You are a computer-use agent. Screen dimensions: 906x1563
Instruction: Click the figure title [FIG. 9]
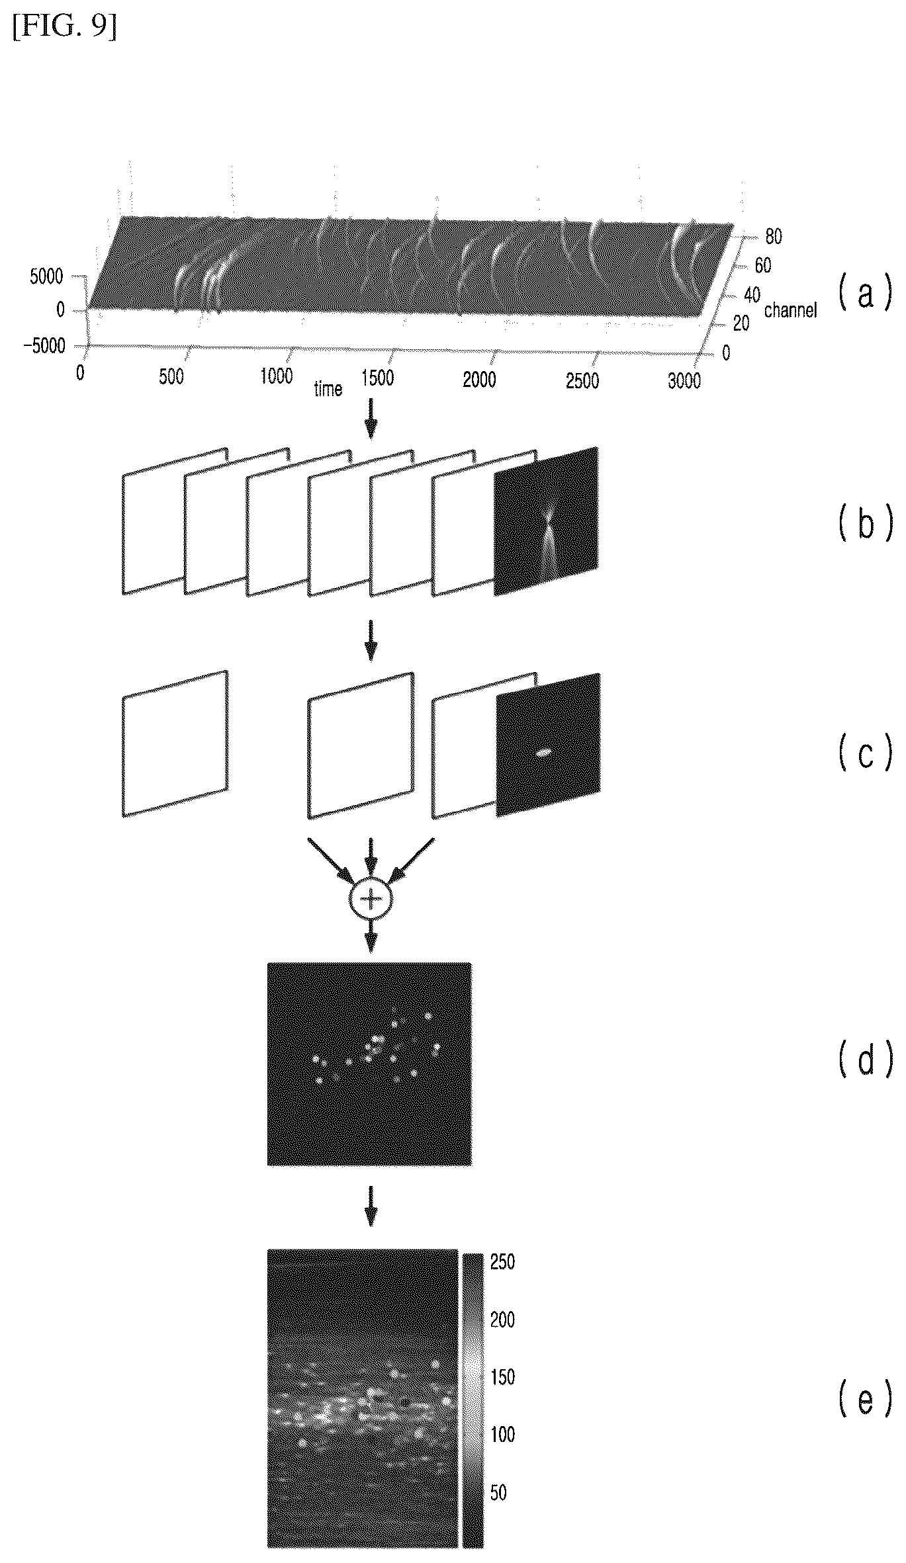point(64,28)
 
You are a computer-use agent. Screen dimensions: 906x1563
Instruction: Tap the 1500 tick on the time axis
point(377,378)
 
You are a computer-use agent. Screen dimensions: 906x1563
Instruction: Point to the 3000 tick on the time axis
point(684,380)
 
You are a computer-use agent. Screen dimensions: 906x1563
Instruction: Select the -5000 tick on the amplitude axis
point(49,345)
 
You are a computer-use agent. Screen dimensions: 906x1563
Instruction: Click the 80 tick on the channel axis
point(773,236)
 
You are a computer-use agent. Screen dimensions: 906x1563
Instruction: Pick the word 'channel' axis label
point(790,309)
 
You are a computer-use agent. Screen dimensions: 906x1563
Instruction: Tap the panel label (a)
point(865,293)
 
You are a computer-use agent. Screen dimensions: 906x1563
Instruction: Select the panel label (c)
point(865,753)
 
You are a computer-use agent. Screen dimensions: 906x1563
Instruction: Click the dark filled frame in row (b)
point(546,521)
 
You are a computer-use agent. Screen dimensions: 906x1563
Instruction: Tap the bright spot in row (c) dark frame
point(543,753)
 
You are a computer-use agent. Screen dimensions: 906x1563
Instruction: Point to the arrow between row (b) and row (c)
point(371,640)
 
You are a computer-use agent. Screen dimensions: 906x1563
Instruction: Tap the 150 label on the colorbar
point(502,1377)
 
